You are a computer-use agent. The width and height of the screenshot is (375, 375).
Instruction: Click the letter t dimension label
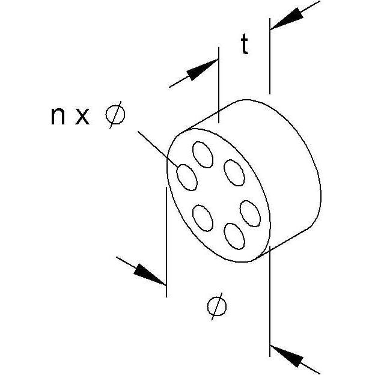point(245,44)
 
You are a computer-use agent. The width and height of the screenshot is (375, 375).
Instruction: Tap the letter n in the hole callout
point(58,116)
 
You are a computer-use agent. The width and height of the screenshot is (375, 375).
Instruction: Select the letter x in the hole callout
point(82,116)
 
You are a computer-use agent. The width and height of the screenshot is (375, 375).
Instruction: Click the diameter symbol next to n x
point(115,115)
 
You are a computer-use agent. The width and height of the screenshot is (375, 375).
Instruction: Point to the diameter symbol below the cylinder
point(217,306)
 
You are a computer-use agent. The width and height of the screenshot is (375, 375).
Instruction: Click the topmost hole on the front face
point(203,154)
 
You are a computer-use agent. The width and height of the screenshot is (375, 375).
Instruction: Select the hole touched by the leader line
point(187,177)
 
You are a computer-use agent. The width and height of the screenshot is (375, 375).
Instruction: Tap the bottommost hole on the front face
point(234,236)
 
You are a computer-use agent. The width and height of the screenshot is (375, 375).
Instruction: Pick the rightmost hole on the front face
point(250,213)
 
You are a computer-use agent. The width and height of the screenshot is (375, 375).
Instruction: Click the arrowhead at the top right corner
point(287,19)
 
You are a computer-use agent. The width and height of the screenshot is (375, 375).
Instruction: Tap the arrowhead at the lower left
point(150,275)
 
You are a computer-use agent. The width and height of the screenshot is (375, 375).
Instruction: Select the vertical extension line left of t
point(219,85)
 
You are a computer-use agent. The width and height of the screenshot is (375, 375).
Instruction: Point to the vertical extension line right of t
point(270,56)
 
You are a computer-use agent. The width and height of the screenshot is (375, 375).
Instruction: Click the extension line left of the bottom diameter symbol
point(166,242)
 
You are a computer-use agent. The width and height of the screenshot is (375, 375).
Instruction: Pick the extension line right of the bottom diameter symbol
point(270,301)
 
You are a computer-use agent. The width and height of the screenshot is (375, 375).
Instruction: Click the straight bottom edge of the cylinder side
point(282,244)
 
